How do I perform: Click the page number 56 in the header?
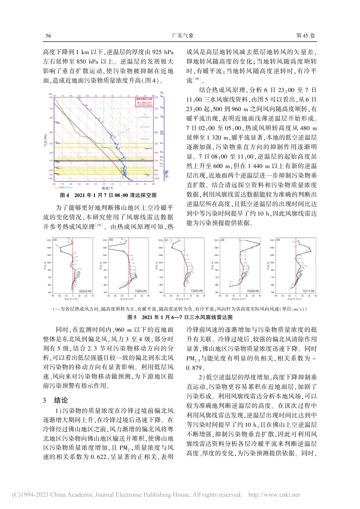point(48,36)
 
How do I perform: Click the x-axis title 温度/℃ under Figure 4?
point(108,188)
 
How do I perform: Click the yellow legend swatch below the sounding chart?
point(56,187)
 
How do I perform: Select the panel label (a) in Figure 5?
point(55,240)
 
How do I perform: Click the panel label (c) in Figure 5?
point(166,240)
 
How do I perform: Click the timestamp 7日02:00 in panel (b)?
point(139,291)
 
